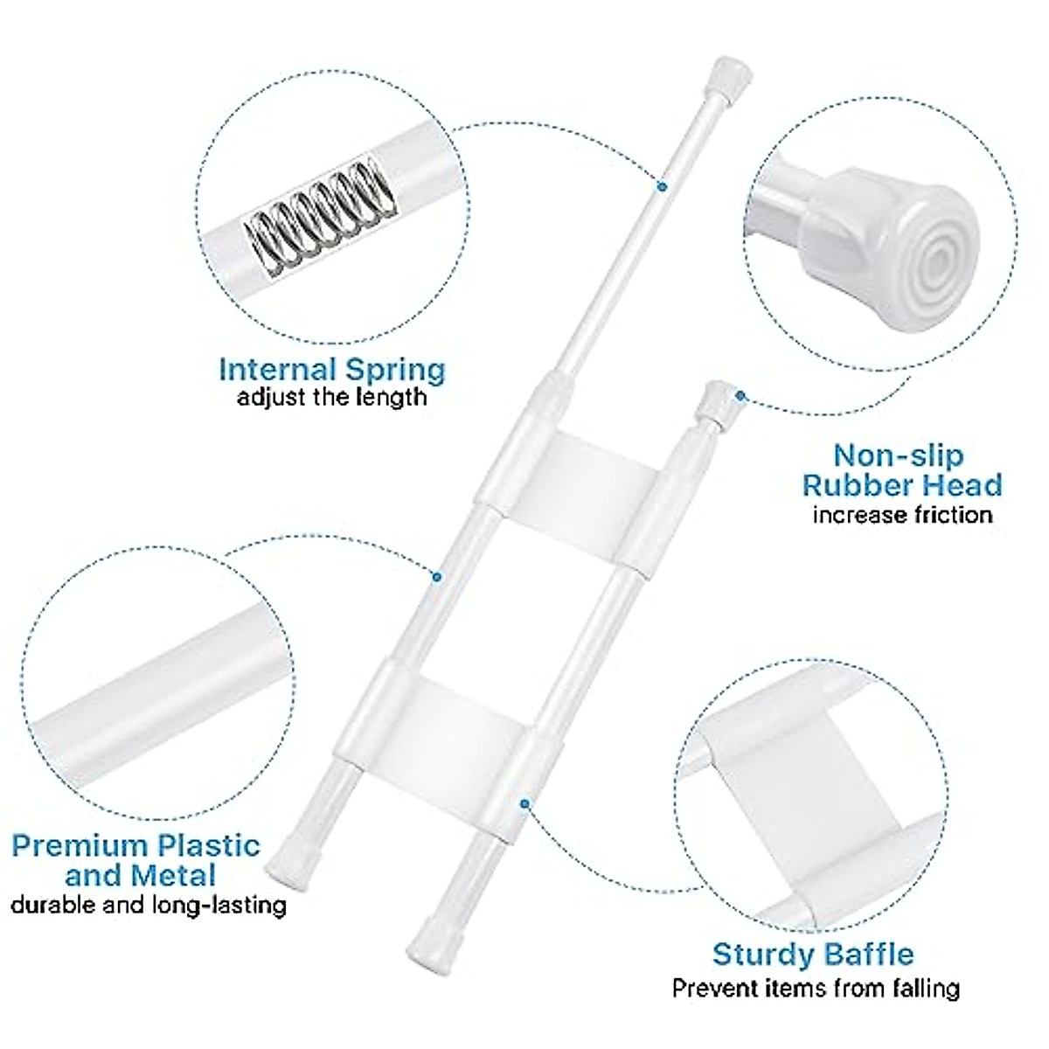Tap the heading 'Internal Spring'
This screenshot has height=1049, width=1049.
(332, 369)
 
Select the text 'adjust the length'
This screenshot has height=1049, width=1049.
(332, 398)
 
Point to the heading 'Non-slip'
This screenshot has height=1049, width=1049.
(886, 455)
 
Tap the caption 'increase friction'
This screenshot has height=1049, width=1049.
(902, 514)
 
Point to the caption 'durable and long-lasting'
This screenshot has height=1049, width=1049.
(149, 904)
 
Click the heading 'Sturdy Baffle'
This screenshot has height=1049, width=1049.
(813, 954)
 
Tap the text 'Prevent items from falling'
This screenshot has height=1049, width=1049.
(816, 989)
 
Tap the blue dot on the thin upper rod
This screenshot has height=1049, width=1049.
(662, 185)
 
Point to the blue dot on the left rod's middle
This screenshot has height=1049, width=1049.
(438, 575)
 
